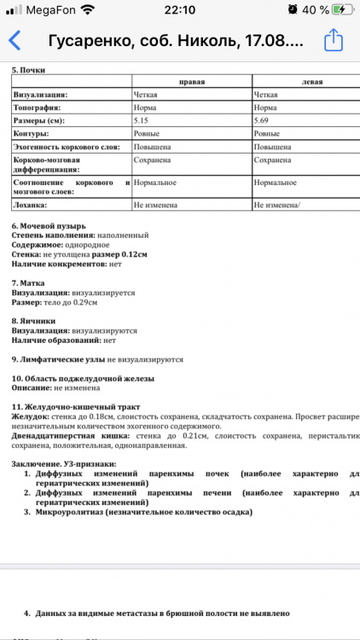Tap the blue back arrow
click(15, 41)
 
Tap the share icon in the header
click(334, 40)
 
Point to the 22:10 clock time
click(179, 9)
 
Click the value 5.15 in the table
click(142, 121)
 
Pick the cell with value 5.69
click(263, 121)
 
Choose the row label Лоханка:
click(31, 205)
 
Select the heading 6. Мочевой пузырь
click(49, 225)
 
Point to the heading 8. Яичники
click(33, 320)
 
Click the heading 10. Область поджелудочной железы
click(83, 377)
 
